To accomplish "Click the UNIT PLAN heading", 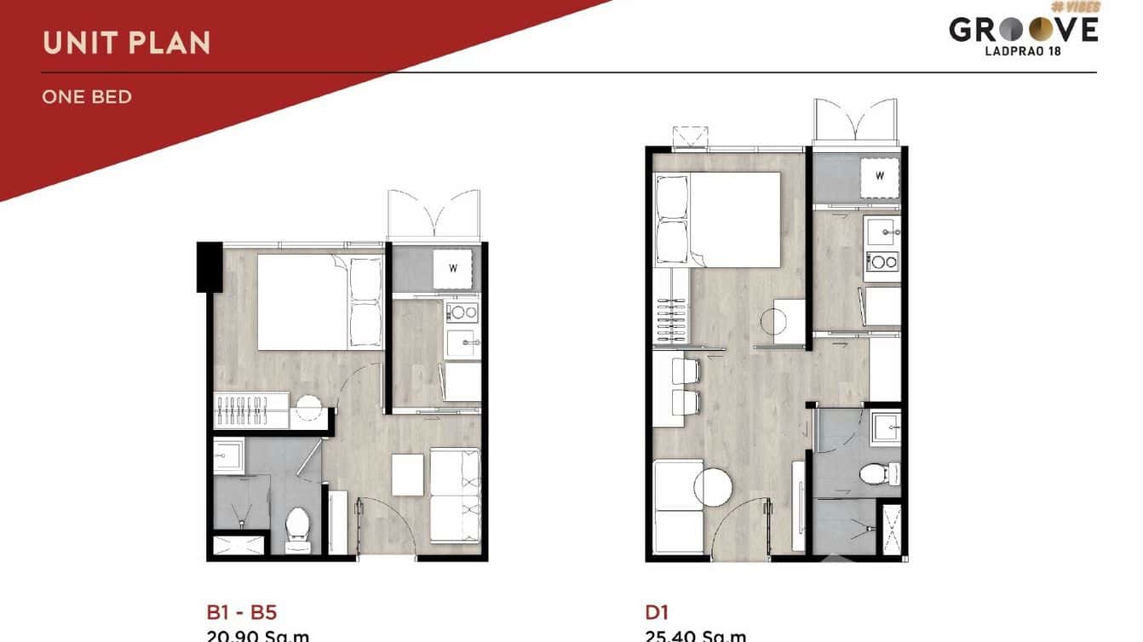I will click(126, 43).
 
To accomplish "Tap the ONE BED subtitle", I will click(87, 97).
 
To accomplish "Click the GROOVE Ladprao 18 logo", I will click(1024, 32).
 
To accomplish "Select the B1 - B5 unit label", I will click(242, 611).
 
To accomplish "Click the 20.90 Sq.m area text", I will click(258, 635).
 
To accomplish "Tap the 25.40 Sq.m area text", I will click(695, 635).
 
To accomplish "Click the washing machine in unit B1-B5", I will click(453, 269).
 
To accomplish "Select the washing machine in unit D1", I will click(880, 176).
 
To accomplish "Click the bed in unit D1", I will click(717, 220).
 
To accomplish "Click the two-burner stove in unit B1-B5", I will click(463, 312).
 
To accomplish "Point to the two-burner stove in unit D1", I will click(882, 261).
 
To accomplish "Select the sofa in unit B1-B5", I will click(455, 495).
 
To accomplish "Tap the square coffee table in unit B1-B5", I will click(407, 474).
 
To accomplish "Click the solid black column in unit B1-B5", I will click(209, 267).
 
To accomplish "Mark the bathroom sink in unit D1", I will click(885, 423).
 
